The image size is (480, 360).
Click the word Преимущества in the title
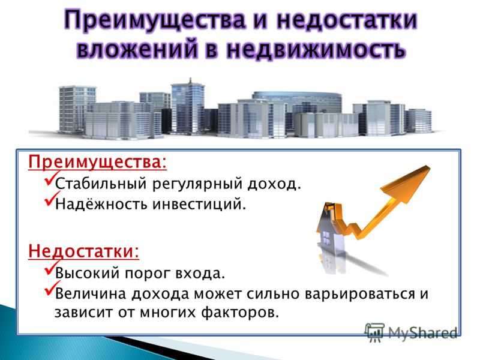pyautogui.click(x=155, y=20)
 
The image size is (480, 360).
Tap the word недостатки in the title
pyautogui.click(x=347, y=20)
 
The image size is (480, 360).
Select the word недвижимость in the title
pyautogui.click(x=316, y=49)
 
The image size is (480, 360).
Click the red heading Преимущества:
pyautogui.click(x=98, y=162)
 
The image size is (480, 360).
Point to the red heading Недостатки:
pyautogui.click(x=83, y=251)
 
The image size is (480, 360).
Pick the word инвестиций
pyautogui.click(x=199, y=204)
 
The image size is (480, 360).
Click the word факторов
pyautogui.click(x=240, y=313)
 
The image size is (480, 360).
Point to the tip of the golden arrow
pyautogui.click(x=429, y=166)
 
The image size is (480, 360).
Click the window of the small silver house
pyautogui.click(x=326, y=236)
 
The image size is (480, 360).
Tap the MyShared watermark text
pyautogui.click(x=423, y=333)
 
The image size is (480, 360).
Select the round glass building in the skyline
pyautogui.click(x=296, y=101)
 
